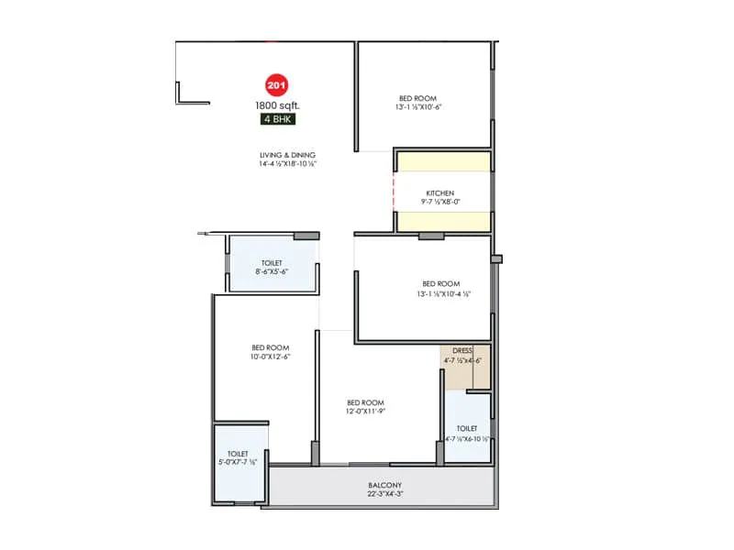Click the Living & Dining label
point(288,155)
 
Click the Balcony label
point(386,485)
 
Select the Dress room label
point(462,350)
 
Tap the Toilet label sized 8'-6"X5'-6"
point(272,262)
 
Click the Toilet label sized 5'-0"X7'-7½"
point(239,454)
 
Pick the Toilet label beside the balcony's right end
point(467,428)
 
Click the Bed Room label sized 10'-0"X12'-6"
point(271,347)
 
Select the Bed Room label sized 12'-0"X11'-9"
point(365,403)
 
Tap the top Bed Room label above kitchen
point(417,98)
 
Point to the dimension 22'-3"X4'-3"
point(386,495)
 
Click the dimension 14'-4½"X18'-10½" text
point(288,165)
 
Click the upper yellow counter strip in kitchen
point(442,161)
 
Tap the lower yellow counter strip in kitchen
point(442,223)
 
